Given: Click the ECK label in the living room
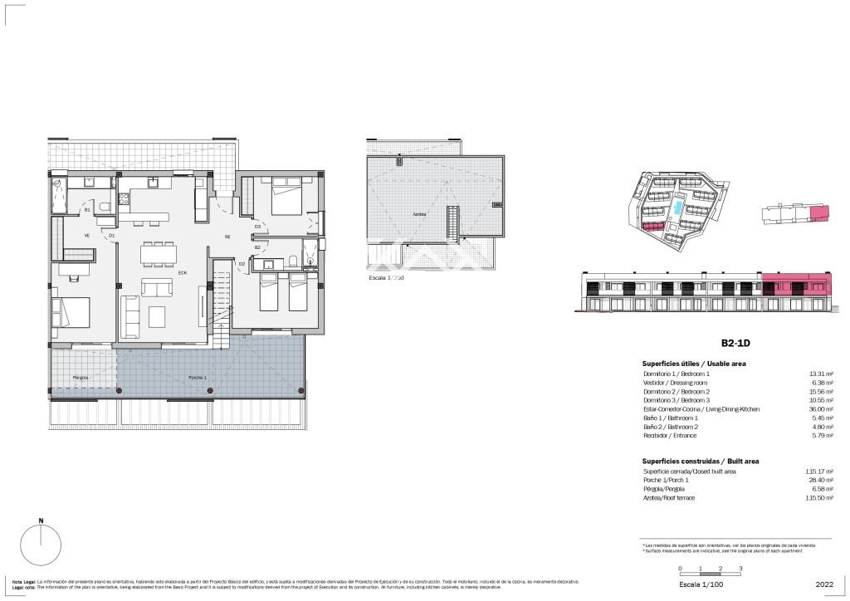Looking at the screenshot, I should [182, 272].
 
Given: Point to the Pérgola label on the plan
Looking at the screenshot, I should [81, 377].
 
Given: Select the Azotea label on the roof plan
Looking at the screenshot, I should [420, 213].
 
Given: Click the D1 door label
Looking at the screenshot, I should [111, 236].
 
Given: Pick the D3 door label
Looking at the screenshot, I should [257, 226].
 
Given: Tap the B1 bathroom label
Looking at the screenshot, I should [87, 211].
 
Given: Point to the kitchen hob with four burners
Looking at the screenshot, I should [123, 198].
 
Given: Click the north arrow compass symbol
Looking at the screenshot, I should [41, 547].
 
